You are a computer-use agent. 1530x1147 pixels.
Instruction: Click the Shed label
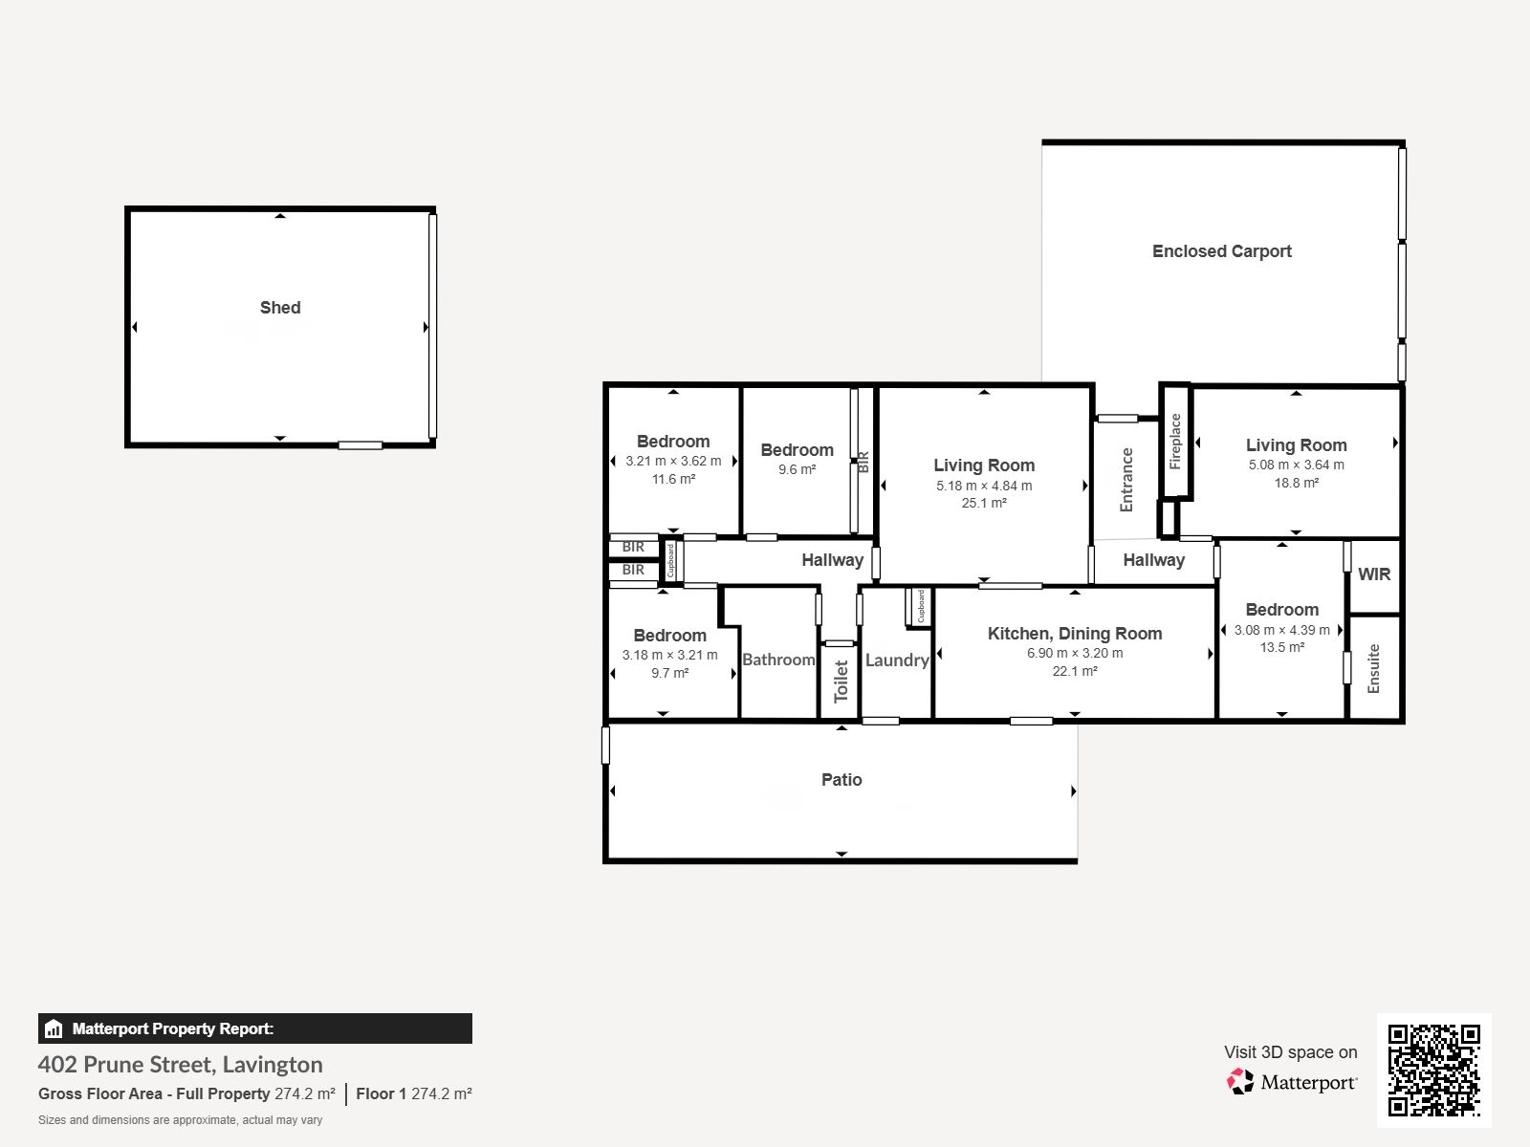tap(280, 308)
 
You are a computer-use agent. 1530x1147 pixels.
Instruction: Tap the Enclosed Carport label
tap(1221, 251)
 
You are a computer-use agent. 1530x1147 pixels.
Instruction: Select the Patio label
tap(841, 779)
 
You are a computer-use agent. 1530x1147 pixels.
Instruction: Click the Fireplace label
tap(1175, 442)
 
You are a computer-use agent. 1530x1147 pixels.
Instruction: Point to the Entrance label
tap(1126, 480)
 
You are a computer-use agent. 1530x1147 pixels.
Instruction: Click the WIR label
tap(1374, 574)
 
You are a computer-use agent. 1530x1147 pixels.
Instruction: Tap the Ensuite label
tap(1373, 668)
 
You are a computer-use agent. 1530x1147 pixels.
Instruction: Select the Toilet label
tap(841, 682)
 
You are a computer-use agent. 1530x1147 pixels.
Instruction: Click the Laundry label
tap(897, 660)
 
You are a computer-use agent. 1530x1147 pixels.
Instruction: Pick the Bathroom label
tap(778, 660)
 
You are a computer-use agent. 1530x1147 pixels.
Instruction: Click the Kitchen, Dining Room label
tap(1075, 634)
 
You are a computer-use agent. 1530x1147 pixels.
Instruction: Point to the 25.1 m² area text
tap(984, 503)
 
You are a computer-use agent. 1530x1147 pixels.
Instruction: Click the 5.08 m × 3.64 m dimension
tap(1296, 465)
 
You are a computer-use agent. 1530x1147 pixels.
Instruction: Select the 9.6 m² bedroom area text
tap(797, 469)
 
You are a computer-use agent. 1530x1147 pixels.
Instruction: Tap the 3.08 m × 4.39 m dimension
tap(1282, 630)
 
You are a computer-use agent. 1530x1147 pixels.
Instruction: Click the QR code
tap(1433, 1071)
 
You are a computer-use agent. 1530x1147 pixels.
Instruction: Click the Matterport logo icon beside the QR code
tap(1239, 1082)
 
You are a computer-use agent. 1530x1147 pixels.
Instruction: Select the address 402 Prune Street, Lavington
tap(180, 1065)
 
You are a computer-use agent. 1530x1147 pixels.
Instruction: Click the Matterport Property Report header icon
tap(54, 1028)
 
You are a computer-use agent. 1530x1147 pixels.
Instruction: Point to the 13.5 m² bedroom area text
tap(1282, 647)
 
